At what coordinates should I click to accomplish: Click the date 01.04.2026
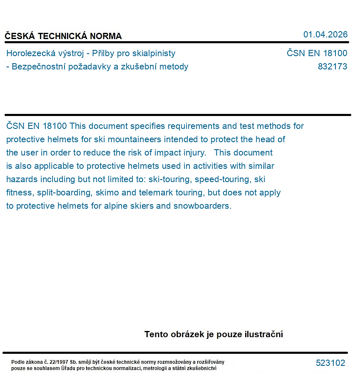tap(325, 35)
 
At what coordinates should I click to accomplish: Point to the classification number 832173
tap(332, 67)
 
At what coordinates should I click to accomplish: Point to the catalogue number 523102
tap(330, 363)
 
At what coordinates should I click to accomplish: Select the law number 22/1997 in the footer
tap(59, 362)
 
